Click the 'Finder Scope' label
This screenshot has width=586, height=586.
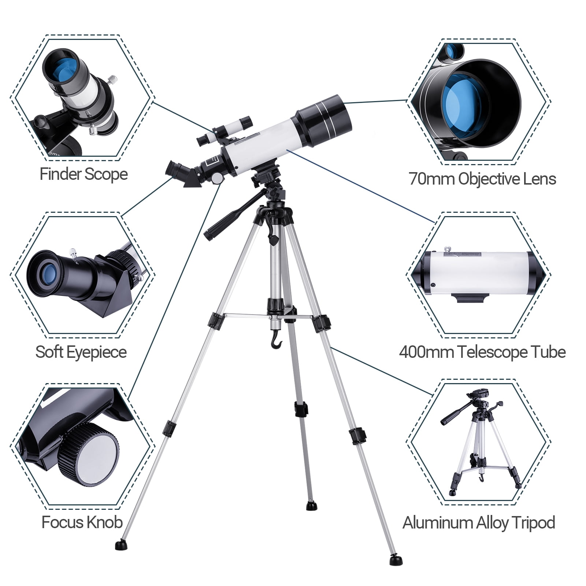pos(84,174)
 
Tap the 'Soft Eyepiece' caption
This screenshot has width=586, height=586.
pos(81,352)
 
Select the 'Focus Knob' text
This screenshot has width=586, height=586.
pos(82,522)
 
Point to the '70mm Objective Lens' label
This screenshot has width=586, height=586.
pos(482,179)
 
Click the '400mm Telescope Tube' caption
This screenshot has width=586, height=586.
pos(482,352)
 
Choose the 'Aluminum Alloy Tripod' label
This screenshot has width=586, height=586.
pos(479,523)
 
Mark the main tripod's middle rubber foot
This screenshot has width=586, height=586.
pos(312,506)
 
